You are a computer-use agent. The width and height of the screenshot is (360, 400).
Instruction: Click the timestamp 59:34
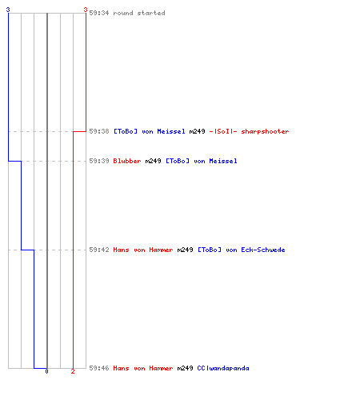(x=99, y=13)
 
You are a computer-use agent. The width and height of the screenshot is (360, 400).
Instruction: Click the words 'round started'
(x=139, y=13)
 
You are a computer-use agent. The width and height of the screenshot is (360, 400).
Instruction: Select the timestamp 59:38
(x=99, y=131)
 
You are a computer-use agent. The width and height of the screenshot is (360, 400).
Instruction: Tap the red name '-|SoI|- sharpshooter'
(x=249, y=131)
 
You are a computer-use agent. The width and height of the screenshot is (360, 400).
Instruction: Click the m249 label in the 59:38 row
(x=197, y=131)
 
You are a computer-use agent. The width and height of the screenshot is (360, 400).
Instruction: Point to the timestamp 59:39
(x=99, y=161)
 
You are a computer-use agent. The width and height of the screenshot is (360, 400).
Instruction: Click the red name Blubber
(x=127, y=161)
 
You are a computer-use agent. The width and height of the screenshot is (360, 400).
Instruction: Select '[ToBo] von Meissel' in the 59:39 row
(x=202, y=161)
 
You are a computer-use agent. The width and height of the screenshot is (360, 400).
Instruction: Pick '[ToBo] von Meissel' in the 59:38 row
(x=150, y=131)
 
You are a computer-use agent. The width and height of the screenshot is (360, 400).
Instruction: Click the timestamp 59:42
(x=99, y=250)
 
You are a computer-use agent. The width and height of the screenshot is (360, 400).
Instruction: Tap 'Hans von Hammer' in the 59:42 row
(x=143, y=250)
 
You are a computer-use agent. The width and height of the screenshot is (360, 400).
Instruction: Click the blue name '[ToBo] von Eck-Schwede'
(x=242, y=250)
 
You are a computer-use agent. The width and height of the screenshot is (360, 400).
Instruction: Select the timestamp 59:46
(x=99, y=368)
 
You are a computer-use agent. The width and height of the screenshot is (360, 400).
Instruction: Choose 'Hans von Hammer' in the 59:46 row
(x=143, y=368)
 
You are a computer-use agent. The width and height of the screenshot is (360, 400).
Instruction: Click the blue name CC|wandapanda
(x=223, y=368)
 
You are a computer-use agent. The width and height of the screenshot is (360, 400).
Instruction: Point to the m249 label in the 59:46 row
(x=185, y=368)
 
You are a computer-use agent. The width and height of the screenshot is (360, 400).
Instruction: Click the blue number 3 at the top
(x=8, y=10)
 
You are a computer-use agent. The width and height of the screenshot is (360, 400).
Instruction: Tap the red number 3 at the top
(x=86, y=10)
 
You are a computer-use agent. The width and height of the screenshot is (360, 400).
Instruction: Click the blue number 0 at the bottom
(x=46, y=371)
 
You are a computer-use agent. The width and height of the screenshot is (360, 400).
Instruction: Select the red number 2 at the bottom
(x=73, y=371)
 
